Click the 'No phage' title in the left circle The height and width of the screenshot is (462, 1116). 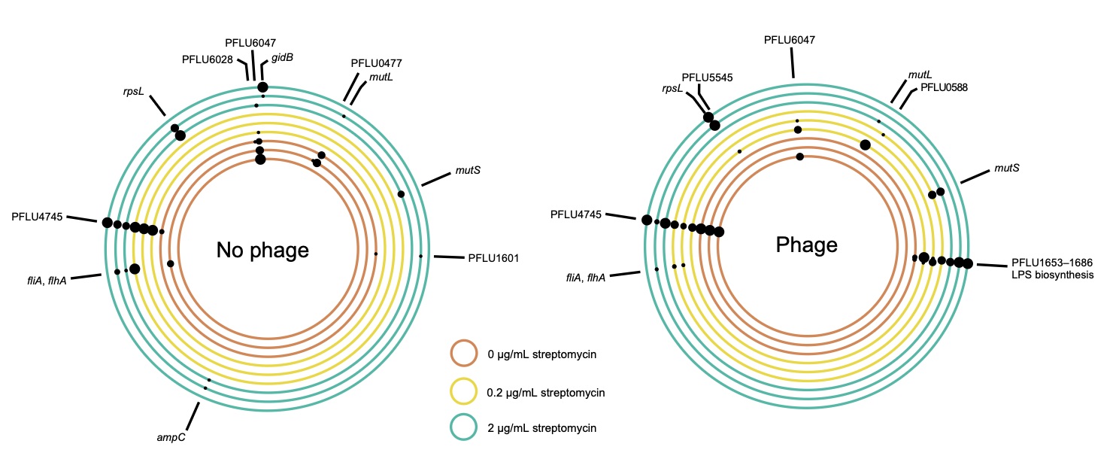point(262,250)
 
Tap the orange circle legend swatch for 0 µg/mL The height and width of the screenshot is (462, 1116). point(463,352)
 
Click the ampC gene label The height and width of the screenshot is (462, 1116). point(171,436)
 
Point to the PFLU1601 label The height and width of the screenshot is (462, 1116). point(493,258)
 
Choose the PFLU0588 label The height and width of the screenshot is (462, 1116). point(943,87)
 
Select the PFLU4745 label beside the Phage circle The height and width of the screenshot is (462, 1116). point(575,215)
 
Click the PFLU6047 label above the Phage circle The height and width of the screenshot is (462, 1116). point(790,39)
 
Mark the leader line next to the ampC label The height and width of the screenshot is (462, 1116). point(193,414)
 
